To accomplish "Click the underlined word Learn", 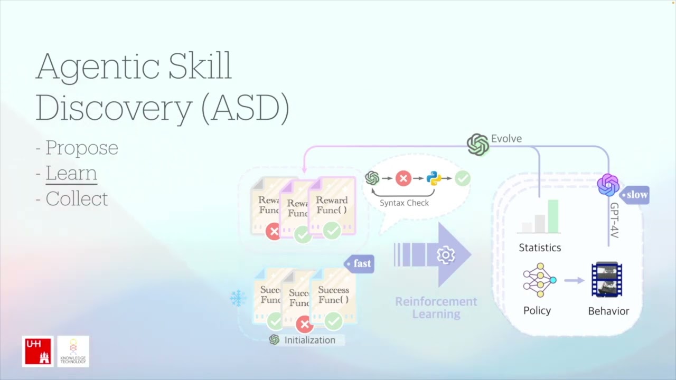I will point(71,173).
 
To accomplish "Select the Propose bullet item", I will point(81,148).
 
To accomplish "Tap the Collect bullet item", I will point(77,198).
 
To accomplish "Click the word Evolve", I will point(506,139).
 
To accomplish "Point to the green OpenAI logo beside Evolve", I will point(478,145).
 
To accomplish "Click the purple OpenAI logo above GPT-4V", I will point(608,185).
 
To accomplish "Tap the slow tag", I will point(635,195).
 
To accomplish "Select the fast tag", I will point(360,263).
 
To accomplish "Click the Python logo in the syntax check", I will point(434,178).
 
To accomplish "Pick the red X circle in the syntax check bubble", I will point(403,178).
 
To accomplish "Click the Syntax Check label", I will point(404,203).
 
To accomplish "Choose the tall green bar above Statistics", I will point(553,216).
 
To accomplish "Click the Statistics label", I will point(540,248).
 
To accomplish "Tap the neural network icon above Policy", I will point(539,280).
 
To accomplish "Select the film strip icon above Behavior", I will point(607,280).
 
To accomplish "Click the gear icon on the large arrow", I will point(446,255).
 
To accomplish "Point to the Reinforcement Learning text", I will point(436,308).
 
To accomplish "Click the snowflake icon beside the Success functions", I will point(238,299).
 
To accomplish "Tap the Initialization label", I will point(309,340).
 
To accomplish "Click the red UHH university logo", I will point(37,351).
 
